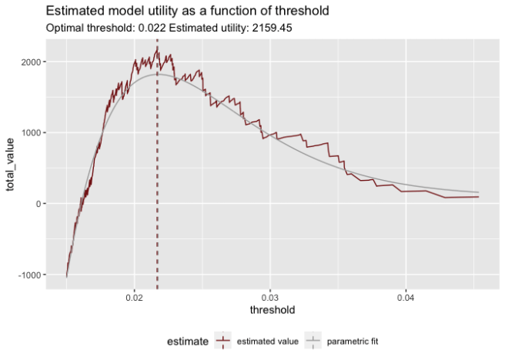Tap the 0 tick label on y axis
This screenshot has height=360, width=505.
tap(38, 203)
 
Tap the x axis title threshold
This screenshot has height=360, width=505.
tap(273, 309)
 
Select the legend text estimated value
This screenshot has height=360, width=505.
tap(265, 340)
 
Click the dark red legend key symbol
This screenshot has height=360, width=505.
tap(223, 340)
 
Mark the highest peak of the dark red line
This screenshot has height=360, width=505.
tap(157, 48)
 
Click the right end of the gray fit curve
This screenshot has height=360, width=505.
tap(479, 192)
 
